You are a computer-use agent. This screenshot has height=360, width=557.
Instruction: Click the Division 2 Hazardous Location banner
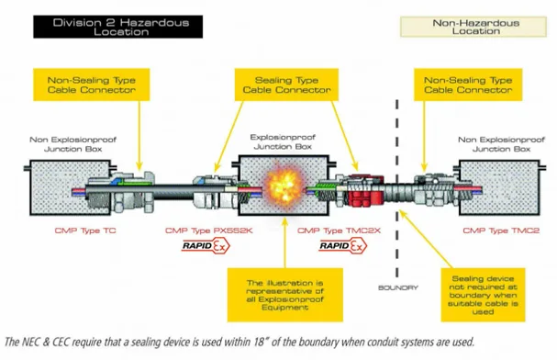118,27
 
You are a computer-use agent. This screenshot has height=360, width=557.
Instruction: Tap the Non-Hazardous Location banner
473,27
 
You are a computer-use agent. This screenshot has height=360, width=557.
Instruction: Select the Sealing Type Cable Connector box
286,84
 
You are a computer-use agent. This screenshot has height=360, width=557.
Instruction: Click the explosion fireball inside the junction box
284,185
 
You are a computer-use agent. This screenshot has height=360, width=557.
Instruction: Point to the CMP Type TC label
85,231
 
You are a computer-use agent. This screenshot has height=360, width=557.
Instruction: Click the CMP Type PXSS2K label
209,231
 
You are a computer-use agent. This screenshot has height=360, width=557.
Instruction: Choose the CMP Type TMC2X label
339,231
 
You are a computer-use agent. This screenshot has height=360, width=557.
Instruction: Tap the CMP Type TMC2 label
501,231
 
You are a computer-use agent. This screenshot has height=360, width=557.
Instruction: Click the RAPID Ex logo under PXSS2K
206,246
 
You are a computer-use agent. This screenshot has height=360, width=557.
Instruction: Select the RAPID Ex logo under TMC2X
343,246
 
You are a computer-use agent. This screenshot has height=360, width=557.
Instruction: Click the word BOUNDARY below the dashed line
398,287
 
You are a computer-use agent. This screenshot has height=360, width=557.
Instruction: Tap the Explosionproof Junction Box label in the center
283,141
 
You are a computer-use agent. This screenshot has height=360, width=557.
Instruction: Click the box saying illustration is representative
284,295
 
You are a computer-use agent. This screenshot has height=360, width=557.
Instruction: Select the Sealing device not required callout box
483,295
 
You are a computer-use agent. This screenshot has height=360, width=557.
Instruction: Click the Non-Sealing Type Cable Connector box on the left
92,84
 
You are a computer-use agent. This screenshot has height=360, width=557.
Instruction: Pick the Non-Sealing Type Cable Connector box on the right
468,84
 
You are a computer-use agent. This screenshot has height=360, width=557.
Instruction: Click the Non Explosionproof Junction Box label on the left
72,144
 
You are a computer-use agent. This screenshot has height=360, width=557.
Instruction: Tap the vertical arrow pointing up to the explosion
284,242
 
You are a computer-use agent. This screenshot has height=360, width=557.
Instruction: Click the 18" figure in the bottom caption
261,342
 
